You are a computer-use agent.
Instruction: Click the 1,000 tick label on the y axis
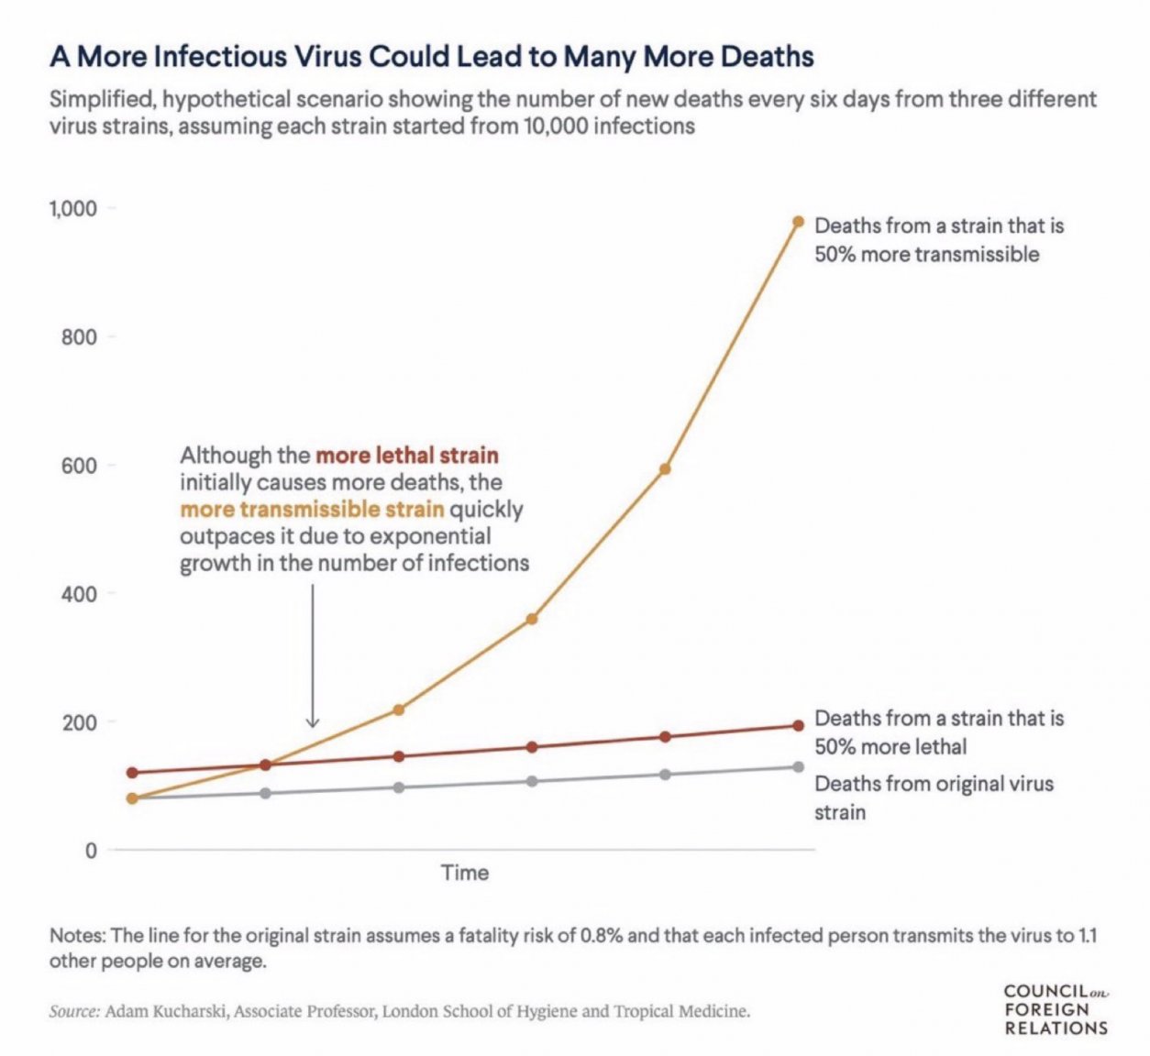click(72, 209)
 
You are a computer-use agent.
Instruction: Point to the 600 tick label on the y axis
click(79, 466)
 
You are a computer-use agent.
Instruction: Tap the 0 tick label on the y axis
click(90, 851)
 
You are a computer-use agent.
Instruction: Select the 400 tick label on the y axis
click(79, 594)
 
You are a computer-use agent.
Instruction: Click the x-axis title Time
click(465, 873)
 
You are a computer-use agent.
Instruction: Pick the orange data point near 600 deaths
click(665, 468)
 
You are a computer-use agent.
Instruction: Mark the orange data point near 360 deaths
click(531, 619)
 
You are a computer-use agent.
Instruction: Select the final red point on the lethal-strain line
click(798, 726)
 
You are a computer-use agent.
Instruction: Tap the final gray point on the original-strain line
click(798, 766)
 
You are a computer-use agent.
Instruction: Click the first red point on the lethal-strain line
click(132, 773)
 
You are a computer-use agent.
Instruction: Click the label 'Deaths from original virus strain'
click(934, 797)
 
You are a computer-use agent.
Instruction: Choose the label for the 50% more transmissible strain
click(938, 239)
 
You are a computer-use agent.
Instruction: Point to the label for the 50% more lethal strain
click(938, 731)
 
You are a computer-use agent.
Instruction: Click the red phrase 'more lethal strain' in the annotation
click(407, 456)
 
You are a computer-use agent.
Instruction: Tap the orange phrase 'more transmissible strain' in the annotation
click(312, 509)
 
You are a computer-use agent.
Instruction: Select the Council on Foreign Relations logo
click(1056, 1009)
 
